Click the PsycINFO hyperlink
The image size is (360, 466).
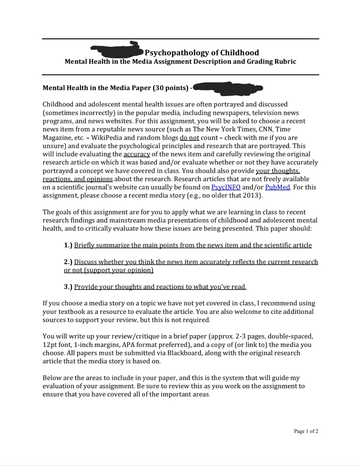pos(226,187)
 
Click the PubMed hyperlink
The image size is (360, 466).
pos(277,187)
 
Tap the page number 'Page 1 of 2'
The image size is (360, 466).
pos(306,431)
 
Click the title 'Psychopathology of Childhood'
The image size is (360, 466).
pos(202,53)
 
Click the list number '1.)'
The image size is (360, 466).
pos(68,245)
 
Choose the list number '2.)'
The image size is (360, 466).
pos(68,262)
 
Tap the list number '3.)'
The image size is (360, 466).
pos(68,287)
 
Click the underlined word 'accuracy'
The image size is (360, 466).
pos(137,154)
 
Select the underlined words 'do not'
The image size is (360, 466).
pos(189,138)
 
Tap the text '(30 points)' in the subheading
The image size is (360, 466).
pos(170,88)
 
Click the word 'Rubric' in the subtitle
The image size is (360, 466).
pos(285,61)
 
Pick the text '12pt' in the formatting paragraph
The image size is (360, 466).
pos(49,345)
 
